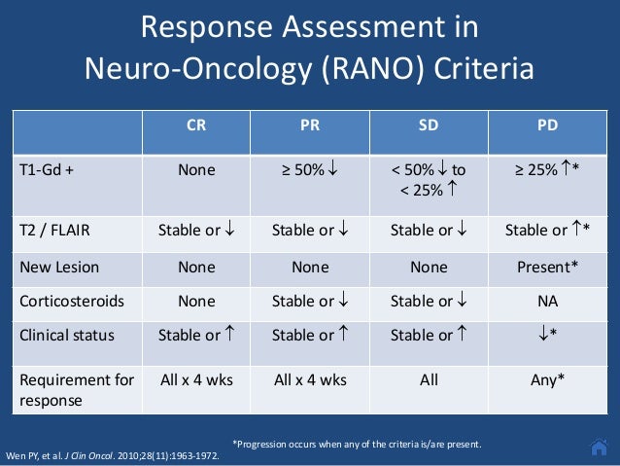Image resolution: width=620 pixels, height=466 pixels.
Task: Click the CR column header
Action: (x=196, y=125)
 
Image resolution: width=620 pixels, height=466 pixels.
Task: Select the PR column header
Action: (x=310, y=125)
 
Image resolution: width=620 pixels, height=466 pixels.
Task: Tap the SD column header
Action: (x=428, y=125)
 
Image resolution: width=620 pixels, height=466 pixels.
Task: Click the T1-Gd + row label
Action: (x=48, y=168)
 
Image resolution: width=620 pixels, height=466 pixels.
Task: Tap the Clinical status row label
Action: (x=67, y=336)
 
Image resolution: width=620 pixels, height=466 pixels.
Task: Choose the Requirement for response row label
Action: (x=76, y=388)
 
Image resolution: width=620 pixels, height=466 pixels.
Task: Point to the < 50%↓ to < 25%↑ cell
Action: (x=428, y=179)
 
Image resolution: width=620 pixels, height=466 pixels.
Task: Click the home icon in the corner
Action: (x=600, y=447)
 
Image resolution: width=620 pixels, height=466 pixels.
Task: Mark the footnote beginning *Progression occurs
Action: (x=357, y=445)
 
